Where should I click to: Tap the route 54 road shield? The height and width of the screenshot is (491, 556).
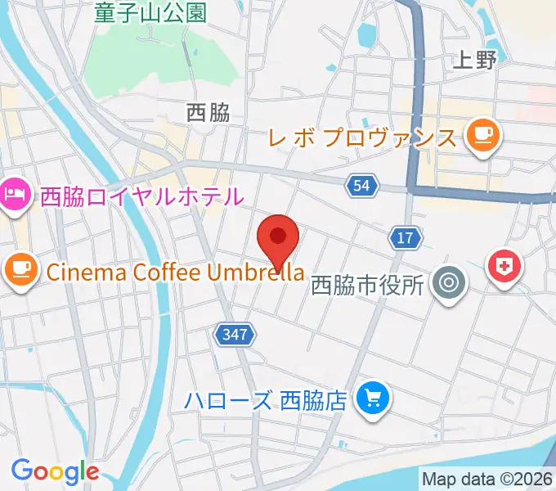coord(362,187)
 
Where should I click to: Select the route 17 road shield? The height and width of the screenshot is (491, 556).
coord(406,238)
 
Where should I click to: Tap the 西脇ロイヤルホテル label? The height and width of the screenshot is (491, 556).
coord(142,196)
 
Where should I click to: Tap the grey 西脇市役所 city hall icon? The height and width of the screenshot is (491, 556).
coord(448,284)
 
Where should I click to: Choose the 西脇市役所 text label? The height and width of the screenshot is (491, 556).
coord(368,286)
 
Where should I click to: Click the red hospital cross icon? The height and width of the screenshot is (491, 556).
coord(504,266)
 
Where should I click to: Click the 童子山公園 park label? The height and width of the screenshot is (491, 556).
coord(150,12)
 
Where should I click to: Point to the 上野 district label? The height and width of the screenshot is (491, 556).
coord(473,60)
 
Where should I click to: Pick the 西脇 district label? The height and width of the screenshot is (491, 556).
coord(208,113)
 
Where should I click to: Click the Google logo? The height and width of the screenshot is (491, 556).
coord(54,471)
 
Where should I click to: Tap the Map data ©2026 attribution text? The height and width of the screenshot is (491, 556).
coord(487,478)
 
